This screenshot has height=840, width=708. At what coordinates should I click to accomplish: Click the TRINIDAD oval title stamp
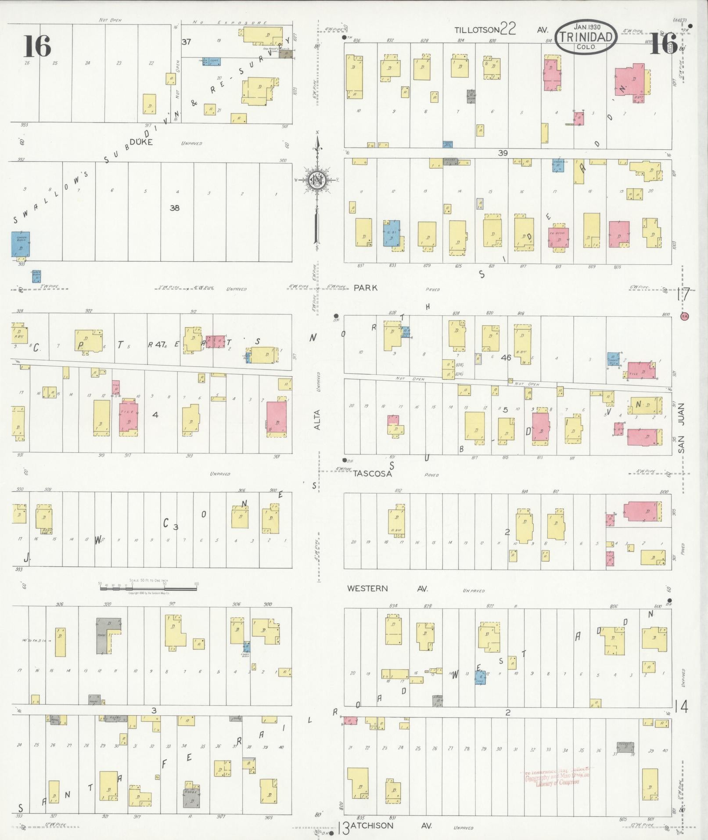tap(586, 37)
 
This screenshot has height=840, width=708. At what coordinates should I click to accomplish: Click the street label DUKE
tap(141, 142)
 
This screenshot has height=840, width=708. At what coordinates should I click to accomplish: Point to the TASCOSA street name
tap(373, 473)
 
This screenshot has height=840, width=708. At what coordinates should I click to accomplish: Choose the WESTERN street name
tap(367, 588)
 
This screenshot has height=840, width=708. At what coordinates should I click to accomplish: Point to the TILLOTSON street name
tap(477, 30)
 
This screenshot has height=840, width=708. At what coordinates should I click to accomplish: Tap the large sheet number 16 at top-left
tap(37, 46)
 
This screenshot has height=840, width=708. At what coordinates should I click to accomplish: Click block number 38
tap(174, 208)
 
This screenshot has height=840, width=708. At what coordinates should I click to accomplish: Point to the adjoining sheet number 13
tap(343, 828)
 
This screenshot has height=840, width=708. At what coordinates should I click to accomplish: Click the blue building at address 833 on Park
tap(391, 233)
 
